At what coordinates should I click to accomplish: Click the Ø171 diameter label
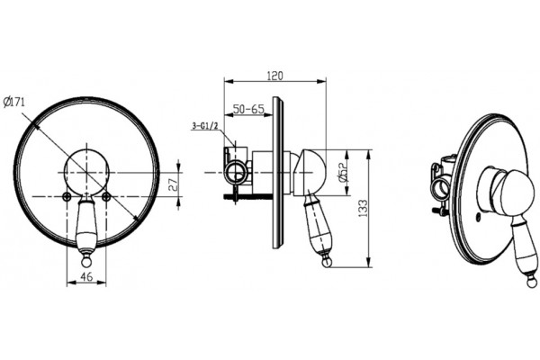(14, 103)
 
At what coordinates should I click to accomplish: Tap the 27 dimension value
(173, 184)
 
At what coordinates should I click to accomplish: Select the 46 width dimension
(86, 276)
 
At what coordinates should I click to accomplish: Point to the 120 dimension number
(275, 76)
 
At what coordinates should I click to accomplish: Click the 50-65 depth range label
(248, 110)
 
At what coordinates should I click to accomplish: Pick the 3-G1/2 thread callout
(205, 126)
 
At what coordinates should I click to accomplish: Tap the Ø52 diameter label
(342, 172)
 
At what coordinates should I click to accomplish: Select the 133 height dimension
(364, 208)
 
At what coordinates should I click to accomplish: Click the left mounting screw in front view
(67, 196)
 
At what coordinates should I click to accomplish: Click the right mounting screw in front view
(107, 196)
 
